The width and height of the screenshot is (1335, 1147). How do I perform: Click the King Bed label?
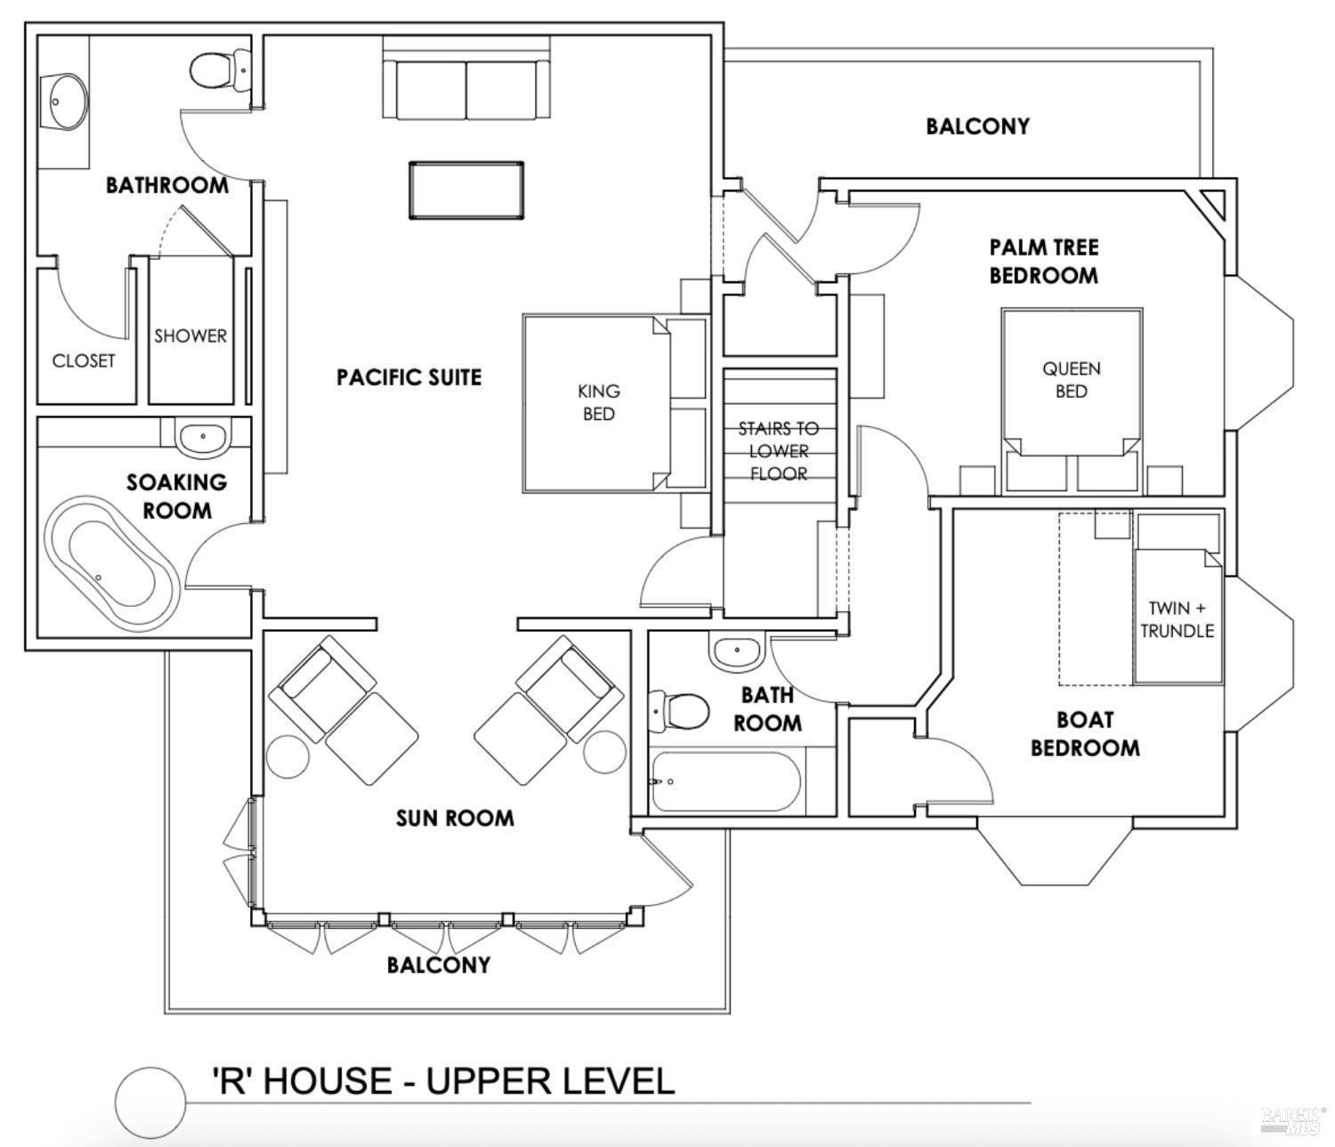click(598, 402)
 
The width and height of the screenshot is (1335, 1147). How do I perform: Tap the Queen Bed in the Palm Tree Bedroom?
click(1072, 401)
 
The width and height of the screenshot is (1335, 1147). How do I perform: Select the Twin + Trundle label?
click(1177, 619)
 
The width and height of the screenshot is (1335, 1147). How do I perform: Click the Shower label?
click(190, 335)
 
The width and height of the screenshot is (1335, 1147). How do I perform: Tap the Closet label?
click(84, 360)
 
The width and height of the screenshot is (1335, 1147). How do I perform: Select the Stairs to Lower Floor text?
click(778, 451)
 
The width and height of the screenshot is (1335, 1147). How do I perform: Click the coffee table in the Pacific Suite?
click(465, 190)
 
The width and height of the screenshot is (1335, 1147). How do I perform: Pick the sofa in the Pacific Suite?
click(465, 85)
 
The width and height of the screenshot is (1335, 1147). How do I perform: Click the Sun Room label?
click(455, 819)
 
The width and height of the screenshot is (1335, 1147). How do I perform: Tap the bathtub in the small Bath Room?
click(726, 782)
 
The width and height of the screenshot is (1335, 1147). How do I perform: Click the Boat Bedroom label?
click(1084, 733)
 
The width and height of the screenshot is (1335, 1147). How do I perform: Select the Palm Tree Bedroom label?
click(1044, 261)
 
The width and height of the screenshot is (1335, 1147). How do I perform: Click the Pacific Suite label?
click(409, 377)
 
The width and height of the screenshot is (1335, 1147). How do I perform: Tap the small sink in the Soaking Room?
click(202, 438)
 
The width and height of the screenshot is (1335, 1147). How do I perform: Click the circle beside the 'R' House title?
click(150, 1102)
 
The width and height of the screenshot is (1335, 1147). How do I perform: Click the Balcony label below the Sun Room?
click(439, 965)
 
